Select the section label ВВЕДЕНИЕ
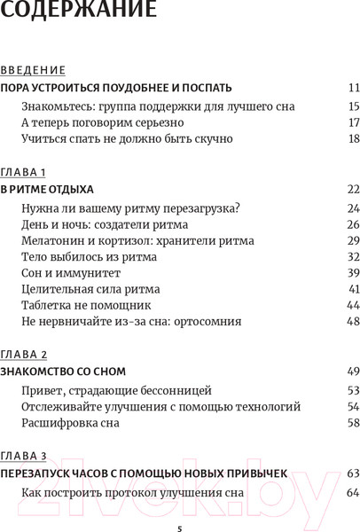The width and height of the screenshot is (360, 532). coord(33,70)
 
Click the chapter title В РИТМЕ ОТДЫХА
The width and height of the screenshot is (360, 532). coord(47,190)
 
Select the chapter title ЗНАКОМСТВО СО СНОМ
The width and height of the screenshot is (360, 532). coord(63,372)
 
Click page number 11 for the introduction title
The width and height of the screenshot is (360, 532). coord(353,88)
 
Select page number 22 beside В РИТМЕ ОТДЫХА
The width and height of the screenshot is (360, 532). coord(352,190)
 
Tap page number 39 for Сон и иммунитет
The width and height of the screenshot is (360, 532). coord(352,273)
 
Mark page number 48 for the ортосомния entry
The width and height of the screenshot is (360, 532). coord(352,321)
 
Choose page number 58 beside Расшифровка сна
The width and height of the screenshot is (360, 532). coord(352,423)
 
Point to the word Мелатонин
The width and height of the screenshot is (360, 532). coord(51,240)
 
